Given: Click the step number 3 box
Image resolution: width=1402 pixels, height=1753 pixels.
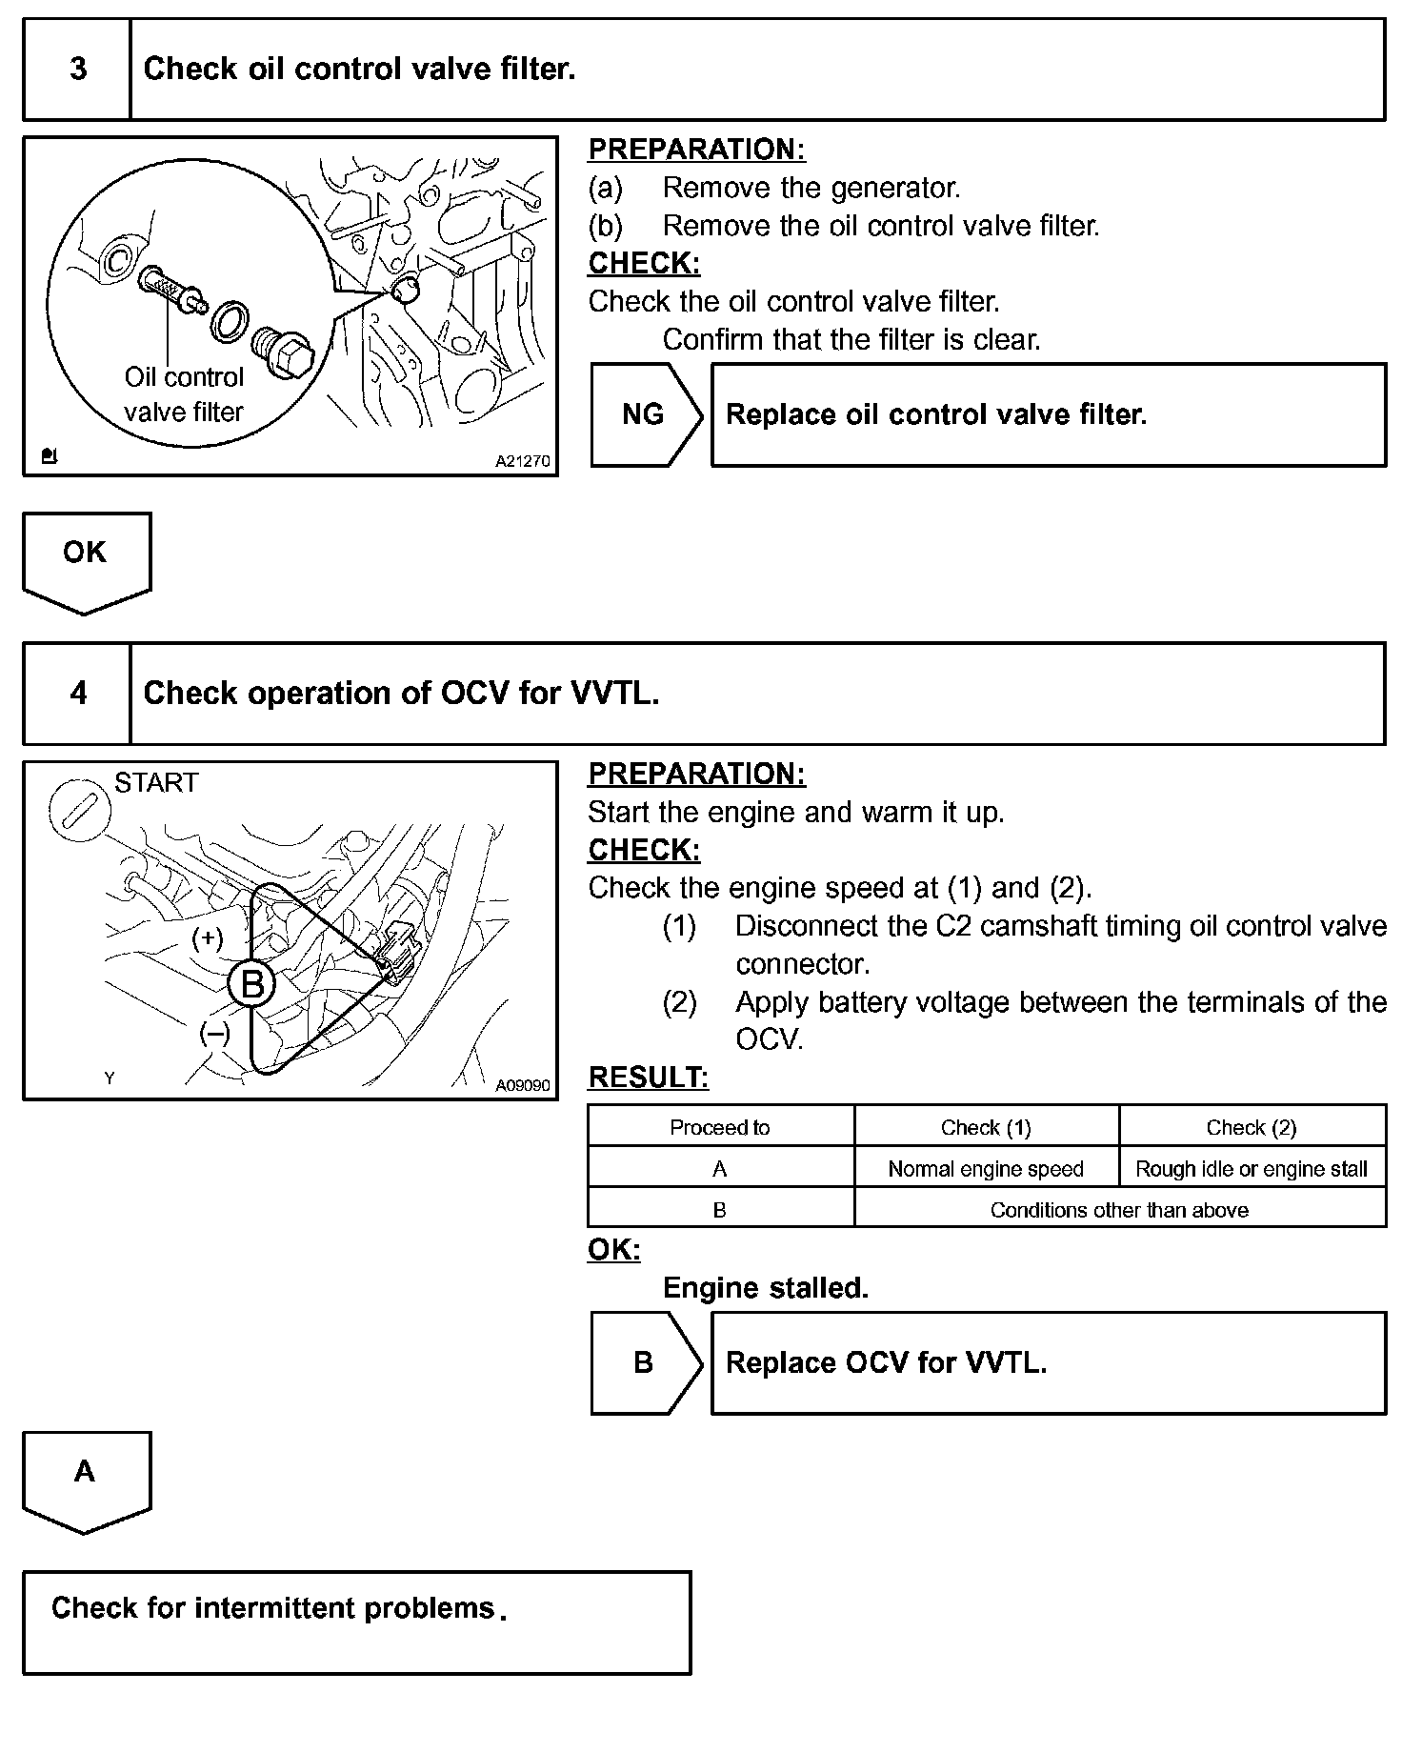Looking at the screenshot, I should pos(77,70).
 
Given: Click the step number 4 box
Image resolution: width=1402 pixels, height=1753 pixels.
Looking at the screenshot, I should pos(77,693).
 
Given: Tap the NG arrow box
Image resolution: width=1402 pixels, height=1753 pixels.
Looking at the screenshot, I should pos(645,414).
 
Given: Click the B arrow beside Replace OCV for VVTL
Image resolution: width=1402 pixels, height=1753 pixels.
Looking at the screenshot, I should pos(645,1362).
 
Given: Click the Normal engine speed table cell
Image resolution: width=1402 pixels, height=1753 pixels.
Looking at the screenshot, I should pos(986,1169).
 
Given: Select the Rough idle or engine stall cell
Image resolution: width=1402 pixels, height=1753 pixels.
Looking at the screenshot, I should pos(1252,1169).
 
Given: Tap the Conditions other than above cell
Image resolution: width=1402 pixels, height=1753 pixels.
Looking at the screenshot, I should pos(1119,1210).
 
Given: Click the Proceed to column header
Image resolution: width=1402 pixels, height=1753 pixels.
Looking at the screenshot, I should pos(720,1128).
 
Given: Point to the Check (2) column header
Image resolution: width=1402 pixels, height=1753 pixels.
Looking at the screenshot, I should pos(1252,1128).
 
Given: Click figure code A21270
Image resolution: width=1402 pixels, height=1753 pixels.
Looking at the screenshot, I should pos(522,461).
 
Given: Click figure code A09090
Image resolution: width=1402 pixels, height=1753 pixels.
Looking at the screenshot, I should pos(522,1084).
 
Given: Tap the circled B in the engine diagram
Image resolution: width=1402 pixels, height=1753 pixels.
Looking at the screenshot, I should pos(252,983).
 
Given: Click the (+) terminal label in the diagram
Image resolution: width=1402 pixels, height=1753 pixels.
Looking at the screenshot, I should pos(208,938).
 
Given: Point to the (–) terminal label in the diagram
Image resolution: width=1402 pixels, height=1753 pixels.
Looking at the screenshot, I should pos(214,1034).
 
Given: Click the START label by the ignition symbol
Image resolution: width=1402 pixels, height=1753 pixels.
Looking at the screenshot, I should pos(156,783).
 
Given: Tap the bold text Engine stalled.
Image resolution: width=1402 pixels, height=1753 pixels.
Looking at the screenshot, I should pos(766,1288).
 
